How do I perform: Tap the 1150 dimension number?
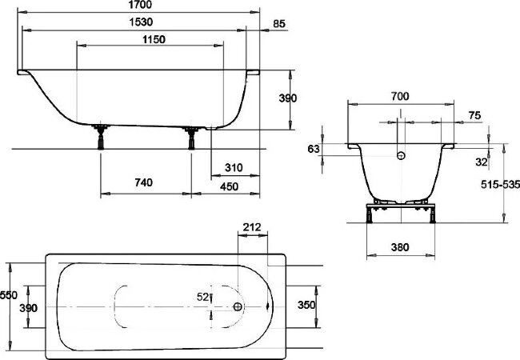click(150, 40)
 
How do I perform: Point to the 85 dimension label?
click(279, 23)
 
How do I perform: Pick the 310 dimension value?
click(234, 168)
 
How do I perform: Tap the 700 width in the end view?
click(400, 96)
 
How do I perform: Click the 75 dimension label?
click(474, 116)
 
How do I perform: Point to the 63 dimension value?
click(313, 149)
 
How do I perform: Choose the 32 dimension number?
click(480, 161)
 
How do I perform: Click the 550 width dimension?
click(9, 294)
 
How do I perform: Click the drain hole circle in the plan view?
click(238, 306)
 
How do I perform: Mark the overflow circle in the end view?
click(402, 154)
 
